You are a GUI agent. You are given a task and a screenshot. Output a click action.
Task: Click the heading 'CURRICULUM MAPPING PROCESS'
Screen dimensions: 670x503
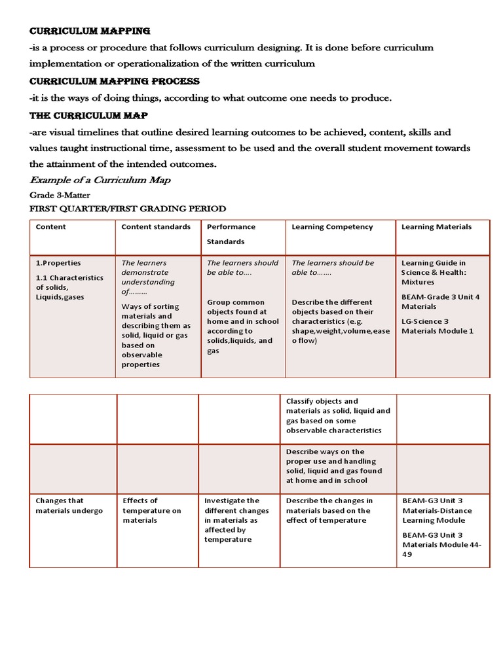[x=115, y=81]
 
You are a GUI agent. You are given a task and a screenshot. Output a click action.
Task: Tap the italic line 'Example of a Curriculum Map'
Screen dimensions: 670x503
[x=101, y=180]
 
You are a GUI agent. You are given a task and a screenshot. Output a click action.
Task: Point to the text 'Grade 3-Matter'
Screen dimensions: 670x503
[x=60, y=195]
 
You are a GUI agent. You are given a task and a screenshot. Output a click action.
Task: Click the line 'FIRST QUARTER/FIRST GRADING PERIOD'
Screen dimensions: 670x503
[x=128, y=209]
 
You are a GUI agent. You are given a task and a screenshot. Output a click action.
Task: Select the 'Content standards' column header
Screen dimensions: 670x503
[x=156, y=227]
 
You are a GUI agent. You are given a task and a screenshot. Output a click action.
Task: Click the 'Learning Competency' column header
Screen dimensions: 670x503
[x=332, y=227]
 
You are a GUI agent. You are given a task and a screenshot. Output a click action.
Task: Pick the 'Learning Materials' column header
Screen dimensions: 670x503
[x=436, y=227]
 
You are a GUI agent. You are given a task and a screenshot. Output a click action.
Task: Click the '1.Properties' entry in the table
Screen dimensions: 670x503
[x=58, y=263]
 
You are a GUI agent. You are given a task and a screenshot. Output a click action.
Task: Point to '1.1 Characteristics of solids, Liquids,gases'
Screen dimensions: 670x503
[x=69, y=287]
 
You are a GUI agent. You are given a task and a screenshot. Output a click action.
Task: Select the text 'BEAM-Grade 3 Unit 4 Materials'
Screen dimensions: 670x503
[x=440, y=302]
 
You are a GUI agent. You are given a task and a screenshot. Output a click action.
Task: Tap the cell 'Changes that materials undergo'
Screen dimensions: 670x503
[x=69, y=506]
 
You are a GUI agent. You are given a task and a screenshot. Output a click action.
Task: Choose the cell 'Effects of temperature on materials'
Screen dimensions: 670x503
[x=152, y=510]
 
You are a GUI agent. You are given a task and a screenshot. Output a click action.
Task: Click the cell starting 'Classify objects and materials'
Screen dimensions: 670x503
[x=337, y=415]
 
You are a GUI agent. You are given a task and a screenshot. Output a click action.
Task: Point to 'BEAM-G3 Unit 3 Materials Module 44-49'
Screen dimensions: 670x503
[x=441, y=544]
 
